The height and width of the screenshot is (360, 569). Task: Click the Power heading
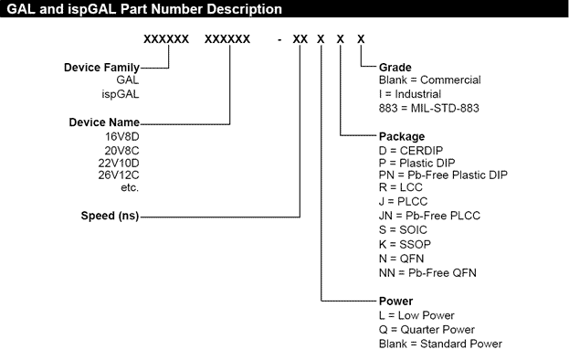click(x=395, y=300)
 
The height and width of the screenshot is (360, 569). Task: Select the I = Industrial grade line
click(x=413, y=94)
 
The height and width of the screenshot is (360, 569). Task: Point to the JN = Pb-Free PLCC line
click(x=429, y=217)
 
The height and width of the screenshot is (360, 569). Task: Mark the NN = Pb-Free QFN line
click(x=427, y=272)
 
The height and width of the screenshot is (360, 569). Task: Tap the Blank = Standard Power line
click(x=439, y=343)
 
